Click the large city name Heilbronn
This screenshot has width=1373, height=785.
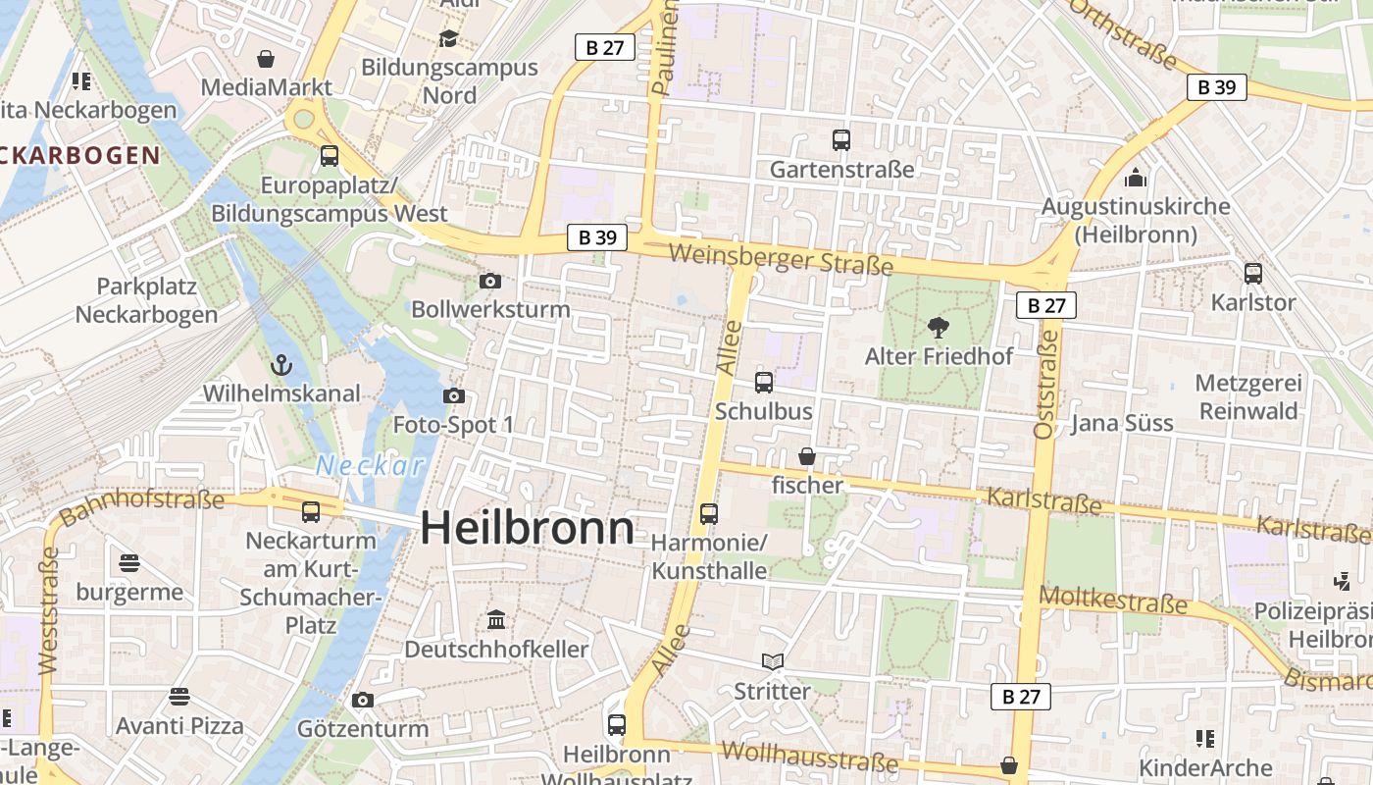coord(528,529)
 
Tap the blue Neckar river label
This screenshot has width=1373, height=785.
coord(371,466)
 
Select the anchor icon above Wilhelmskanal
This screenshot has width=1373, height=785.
coord(281,366)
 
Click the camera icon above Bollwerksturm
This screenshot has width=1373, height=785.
coord(490,282)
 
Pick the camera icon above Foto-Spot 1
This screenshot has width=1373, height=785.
coord(453,396)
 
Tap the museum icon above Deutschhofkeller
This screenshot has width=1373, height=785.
coord(496,620)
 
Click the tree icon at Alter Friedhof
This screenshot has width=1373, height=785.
coord(938,327)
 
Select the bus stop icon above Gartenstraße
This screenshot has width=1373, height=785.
coord(840,140)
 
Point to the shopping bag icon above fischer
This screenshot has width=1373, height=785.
coord(807,456)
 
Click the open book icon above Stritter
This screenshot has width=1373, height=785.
coord(773,662)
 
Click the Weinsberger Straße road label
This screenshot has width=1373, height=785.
coord(781,259)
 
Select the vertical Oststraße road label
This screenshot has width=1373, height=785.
coord(1046,384)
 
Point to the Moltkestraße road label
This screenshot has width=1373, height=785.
coord(1112,599)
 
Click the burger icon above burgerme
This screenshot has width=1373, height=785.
coord(129,563)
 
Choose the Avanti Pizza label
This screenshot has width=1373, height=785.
coord(179,726)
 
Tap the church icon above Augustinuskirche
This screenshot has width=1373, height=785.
coord(1136,178)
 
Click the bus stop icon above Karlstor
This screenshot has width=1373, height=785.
coord(1252,274)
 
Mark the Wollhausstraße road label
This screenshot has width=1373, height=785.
coord(809,757)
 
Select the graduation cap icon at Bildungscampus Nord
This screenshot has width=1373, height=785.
coord(448,38)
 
